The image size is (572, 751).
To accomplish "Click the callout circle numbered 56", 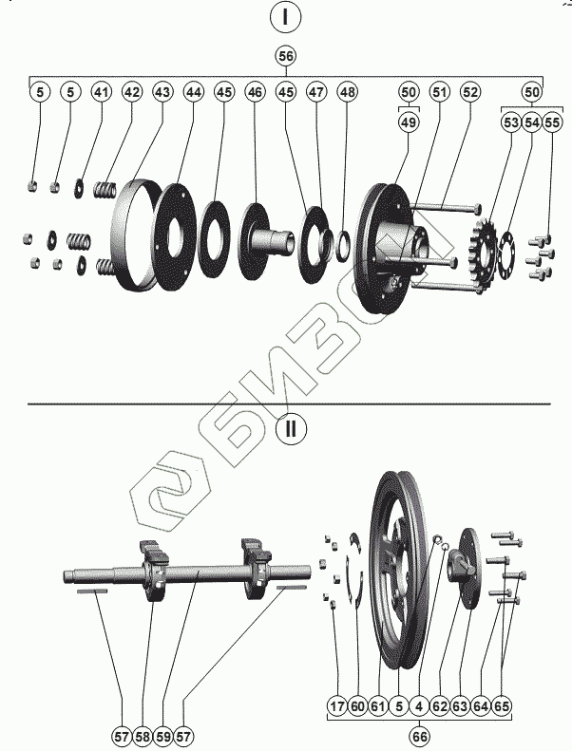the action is pyautogui.click(x=286, y=56).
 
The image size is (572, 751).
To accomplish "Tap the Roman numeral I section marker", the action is pyautogui.click(x=285, y=17).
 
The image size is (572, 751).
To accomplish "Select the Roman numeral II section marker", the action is pyautogui.click(x=291, y=428).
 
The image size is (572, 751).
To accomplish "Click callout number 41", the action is pyautogui.click(x=101, y=92).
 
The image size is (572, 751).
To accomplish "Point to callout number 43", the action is pyautogui.click(x=162, y=92).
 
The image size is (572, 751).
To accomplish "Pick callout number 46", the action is pyautogui.click(x=255, y=92).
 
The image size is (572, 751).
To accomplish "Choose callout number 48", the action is pyautogui.click(x=348, y=92).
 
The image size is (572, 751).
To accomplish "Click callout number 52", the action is pyautogui.click(x=469, y=92).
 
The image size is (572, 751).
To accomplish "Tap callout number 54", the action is pyautogui.click(x=532, y=122).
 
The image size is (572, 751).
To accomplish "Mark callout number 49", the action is pyautogui.click(x=408, y=122).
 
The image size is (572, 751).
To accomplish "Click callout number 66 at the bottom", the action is pyautogui.click(x=418, y=736).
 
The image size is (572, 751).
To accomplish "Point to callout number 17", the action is pyautogui.click(x=337, y=706).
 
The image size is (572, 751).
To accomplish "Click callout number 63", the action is pyautogui.click(x=460, y=706).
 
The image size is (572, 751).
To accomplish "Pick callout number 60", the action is pyautogui.click(x=357, y=706).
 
